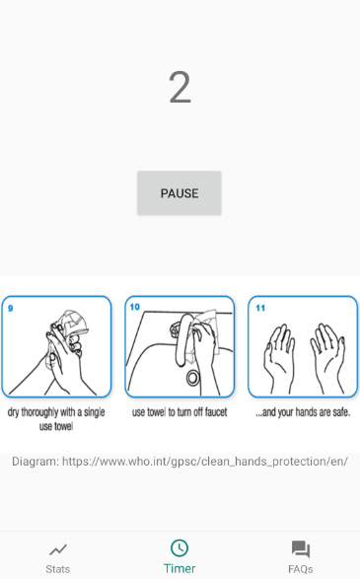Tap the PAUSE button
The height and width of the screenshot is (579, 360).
[180, 192]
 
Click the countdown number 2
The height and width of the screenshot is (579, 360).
[180, 88]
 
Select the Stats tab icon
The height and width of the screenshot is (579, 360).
[58, 549]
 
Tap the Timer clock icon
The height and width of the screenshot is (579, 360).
[180, 548]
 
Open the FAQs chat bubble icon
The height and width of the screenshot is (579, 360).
[301, 549]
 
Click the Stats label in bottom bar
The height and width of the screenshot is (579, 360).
[58, 569]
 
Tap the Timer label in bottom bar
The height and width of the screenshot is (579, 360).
[180, 568]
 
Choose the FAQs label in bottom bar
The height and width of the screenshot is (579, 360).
[301, 569]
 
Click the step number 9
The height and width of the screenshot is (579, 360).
[10, 308]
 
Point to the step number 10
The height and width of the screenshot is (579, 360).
[135, 307]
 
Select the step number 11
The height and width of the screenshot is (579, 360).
[260, 308]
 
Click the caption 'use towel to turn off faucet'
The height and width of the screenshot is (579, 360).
[180, 412]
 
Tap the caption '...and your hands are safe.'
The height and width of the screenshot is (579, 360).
[303, 412]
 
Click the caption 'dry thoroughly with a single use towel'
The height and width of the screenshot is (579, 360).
[56, 419]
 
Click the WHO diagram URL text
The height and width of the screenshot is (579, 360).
[180, 462]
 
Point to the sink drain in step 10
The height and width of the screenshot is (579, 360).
[192, 378]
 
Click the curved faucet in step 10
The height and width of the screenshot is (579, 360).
[183, 339]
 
